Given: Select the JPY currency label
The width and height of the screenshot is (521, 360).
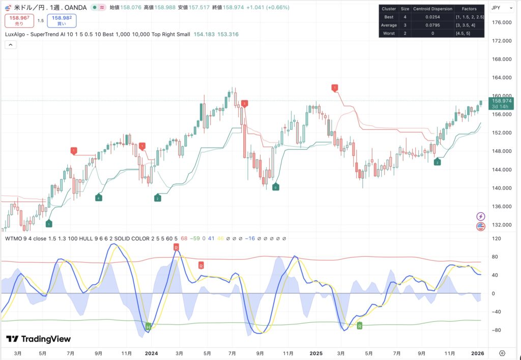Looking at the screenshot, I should pyautogui.click(x=496, y=8).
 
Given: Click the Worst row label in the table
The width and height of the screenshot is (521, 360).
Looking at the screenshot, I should pyautogui.click(x=389, y=33).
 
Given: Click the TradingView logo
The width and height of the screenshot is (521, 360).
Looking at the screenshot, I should pyautogui.click(x=39, y=339).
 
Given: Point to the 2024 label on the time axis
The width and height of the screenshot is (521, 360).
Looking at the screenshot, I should pyautogui.click(x=151, y=353).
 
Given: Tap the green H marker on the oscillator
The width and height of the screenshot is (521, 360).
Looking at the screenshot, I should pyautogui.click(x=149, y=326).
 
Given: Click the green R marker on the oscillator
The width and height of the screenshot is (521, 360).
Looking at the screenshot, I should pyautogui.click(x=360, y=325).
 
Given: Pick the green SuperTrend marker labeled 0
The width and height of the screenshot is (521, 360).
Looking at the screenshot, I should pyautogui.click(x=275, y=187).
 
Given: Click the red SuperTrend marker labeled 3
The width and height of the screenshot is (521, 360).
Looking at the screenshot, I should pyautogui.click(x=245, y=103).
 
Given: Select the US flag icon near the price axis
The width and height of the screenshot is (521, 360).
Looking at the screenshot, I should pyautogui.click(x=481, y=227).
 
